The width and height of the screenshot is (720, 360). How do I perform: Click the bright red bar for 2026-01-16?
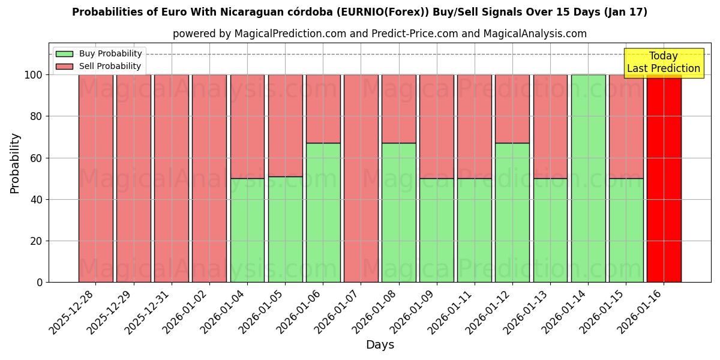664,178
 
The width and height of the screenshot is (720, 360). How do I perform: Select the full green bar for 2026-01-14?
588,178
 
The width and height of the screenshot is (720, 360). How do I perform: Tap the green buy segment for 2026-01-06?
323,212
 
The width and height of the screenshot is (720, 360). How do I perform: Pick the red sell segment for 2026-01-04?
247,126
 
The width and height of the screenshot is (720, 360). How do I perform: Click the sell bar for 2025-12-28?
96,178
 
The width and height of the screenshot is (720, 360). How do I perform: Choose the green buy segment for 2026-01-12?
512,212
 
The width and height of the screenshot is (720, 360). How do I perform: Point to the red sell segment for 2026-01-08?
399,109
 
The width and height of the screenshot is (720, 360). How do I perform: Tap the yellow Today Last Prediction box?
664,62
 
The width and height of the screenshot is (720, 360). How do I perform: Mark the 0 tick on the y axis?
39,283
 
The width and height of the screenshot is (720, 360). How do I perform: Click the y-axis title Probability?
15,163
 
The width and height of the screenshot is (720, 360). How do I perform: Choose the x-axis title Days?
380,345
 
